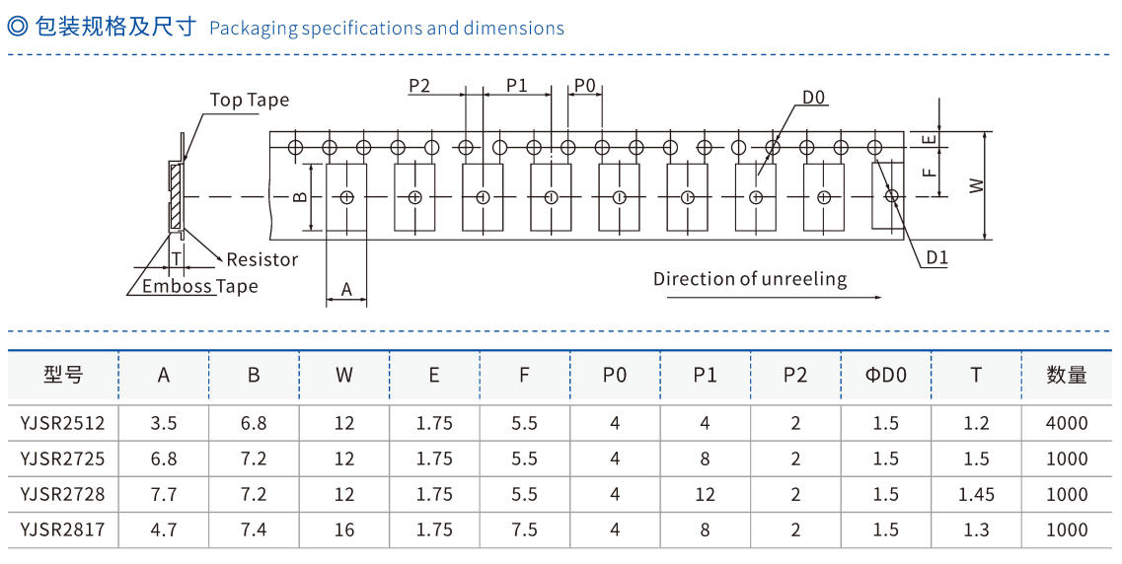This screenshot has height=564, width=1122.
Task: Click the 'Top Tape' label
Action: (250, 100)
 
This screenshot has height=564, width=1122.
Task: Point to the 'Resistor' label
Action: (262, 259)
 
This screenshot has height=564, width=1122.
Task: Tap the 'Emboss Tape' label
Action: (199, 286)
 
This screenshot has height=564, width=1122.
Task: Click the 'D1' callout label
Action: (936, 259)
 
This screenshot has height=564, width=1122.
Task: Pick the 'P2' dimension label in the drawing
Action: (419, 86)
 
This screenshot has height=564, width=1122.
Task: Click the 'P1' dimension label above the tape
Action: (517, 86)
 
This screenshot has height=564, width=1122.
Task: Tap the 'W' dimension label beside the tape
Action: (976, 185)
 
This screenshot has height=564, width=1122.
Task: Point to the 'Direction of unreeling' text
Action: (750, 279)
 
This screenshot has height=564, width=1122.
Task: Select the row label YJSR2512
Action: (62, 423)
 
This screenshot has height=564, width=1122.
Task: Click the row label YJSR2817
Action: (62, 529)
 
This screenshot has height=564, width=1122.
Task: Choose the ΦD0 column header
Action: (885, 375)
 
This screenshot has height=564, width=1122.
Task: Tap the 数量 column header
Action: (1066, 375)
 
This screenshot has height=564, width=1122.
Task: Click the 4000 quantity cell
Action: (1066, 423)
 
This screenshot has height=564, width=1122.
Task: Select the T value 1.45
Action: (976, 494)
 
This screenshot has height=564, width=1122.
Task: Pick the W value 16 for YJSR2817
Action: (343, 529)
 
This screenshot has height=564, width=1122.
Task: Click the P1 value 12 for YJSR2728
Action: (705, 494)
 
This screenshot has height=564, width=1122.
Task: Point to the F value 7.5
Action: (524, 529)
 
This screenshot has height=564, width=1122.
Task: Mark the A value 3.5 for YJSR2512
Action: (163, 423)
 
